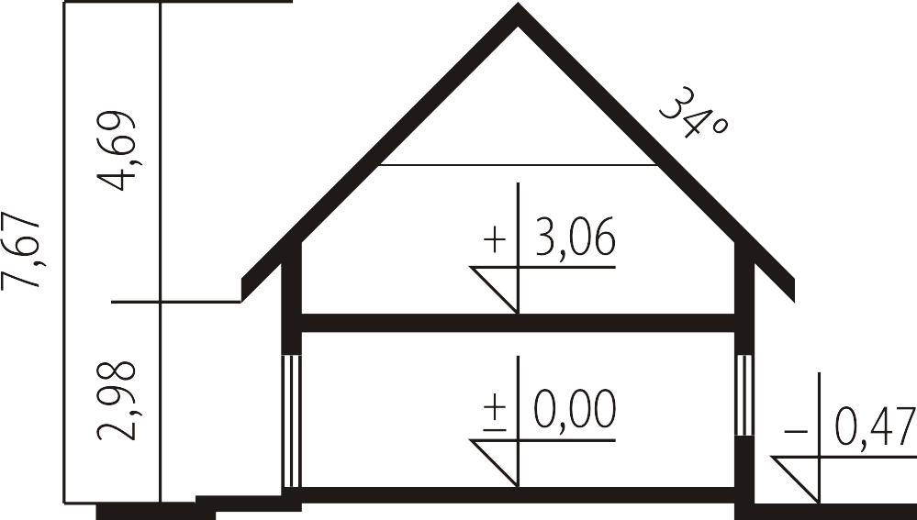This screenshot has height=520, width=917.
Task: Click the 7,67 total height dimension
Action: coord(22,249)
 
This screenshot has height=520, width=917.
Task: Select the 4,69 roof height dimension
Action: coord(116,150)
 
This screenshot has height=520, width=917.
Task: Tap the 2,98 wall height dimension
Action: coord(116,400)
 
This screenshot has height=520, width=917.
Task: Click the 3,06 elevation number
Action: coord(576,237)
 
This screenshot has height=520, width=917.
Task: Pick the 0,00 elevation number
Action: coord(576,409)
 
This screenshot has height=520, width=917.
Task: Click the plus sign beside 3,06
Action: coord(496,240)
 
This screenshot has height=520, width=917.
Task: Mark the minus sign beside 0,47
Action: coord(796,432)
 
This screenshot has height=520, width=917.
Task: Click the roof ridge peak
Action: coord(518,5)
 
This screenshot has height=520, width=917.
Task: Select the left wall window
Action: coord(292,421)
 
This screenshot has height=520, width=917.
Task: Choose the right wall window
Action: coord(744,395)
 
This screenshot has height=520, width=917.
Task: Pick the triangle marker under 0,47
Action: coord(796,480)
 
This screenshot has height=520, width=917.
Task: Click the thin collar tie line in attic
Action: coord(518,165)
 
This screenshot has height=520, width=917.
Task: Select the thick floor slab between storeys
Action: coord(518,323)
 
